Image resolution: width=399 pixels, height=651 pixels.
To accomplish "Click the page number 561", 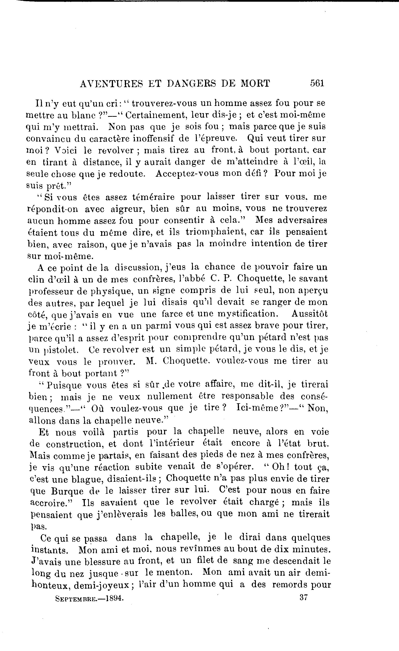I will [x=317, y=83].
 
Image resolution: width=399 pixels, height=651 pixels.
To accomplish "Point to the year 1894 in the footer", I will [x=114, y=598].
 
